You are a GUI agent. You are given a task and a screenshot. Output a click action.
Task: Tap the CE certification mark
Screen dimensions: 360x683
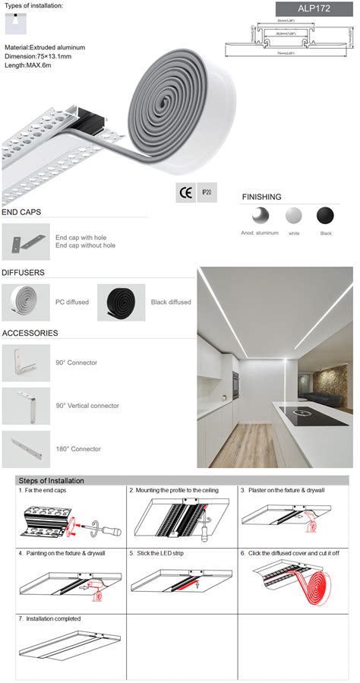tap(185, 193)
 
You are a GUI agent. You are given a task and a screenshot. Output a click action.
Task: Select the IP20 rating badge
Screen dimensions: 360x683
tap(207, 193)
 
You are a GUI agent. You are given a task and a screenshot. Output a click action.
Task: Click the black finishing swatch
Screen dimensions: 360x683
tap(325, 216)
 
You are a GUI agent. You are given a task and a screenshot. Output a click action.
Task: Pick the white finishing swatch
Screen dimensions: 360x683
tap(293, 216)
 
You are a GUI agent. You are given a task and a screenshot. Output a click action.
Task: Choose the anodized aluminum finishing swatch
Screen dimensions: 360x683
tap(261, 216)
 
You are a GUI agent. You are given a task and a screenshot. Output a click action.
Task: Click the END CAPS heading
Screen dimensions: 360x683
tap(21, 212)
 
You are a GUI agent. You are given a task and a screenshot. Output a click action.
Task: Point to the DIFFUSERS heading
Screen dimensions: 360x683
tap(23, 272)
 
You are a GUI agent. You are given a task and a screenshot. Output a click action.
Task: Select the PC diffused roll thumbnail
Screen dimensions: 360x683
tap(25, 302)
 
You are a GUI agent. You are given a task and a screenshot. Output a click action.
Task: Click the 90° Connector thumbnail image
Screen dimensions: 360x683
tap(25, 363)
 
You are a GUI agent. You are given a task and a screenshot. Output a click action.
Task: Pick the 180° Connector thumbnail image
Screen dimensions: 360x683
tap(25, 448)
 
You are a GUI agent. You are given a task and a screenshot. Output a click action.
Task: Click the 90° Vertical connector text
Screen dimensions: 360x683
tap(87, 406)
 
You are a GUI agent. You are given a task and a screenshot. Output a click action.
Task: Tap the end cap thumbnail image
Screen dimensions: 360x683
tap(25, 242)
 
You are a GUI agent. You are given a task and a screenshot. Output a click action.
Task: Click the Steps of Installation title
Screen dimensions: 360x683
tap(52, 481)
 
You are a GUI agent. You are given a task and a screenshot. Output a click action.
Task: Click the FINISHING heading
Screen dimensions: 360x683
tap(262, 197)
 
